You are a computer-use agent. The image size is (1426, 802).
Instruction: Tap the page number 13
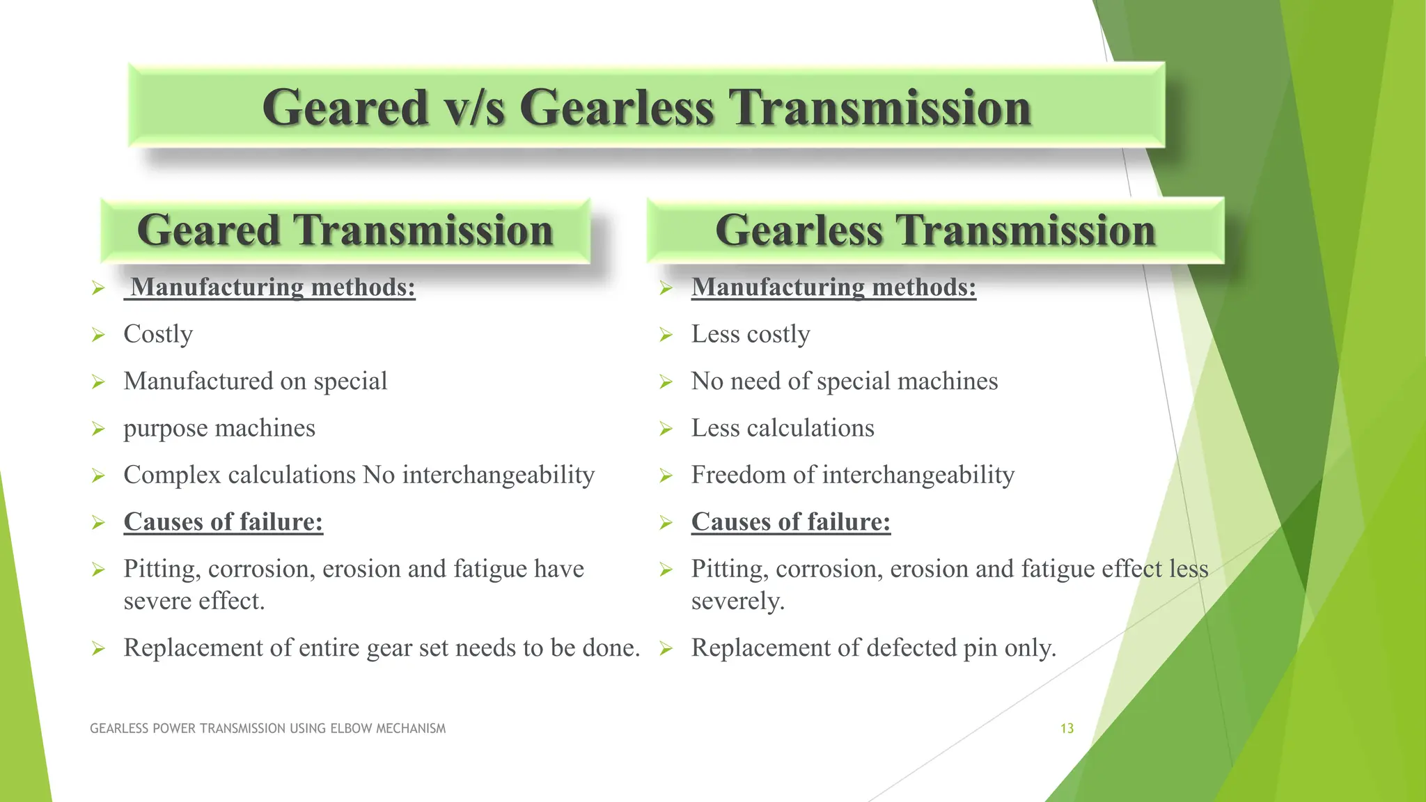[1067, 728]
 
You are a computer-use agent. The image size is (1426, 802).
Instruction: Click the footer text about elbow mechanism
[267, 728]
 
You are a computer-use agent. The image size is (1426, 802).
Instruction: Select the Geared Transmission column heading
[345, 230]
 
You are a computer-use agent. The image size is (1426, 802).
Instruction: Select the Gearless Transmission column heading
[934, 230]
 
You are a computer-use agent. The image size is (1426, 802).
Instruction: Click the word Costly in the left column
[158, 334]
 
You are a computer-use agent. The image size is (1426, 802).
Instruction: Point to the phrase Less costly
[750, 334]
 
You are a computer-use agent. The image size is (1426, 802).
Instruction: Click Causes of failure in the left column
[223, 521]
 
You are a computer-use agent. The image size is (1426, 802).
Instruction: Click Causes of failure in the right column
[790, 521]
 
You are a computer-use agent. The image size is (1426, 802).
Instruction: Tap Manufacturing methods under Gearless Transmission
[833, 287]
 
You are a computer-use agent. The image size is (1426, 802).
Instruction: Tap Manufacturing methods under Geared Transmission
[272, 287]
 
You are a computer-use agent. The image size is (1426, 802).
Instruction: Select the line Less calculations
[782, 428]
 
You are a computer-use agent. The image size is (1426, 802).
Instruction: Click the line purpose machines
[219, 428]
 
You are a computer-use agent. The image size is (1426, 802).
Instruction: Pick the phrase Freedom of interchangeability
[852, 475]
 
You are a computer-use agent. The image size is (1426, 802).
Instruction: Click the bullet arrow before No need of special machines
[666, 382]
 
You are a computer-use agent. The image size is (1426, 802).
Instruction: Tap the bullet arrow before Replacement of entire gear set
[98, 649]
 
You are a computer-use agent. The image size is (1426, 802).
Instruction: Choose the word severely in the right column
[737, 601]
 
